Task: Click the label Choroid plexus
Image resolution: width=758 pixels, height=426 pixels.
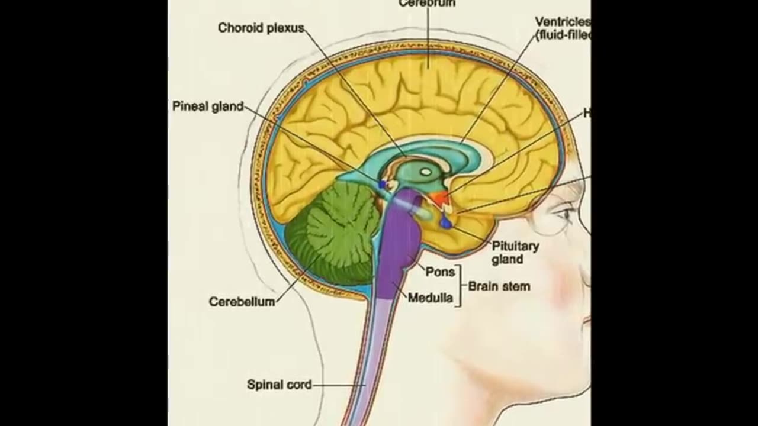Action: tap(261, 28)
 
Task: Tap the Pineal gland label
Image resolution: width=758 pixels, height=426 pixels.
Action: tap(208, 106)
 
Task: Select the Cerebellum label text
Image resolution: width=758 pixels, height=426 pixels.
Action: tap(242, 302)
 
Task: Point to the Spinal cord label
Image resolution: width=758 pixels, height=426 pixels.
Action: tap(279, 385)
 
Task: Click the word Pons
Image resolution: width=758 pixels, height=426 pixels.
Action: tap(440, 272)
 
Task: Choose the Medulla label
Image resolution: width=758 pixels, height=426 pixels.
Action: tap(430, 298)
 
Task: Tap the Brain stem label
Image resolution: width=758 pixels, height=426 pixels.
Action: tap(499, 286)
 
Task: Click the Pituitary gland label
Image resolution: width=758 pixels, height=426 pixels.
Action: tap(515, 253)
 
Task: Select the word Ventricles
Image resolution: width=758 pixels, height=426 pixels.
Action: tap(563, 22)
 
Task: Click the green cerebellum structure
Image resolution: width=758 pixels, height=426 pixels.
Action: tap(335, 234)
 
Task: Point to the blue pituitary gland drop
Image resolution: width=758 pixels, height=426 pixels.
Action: tap(446, 224)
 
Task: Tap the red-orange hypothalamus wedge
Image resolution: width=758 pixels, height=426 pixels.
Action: tap(438, 198)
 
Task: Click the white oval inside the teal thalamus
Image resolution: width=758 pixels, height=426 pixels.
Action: tap(425, 172)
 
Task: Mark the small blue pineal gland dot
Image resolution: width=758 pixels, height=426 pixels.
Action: tap(383, 185)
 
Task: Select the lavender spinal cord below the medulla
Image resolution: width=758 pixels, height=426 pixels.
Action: tap(370, 355)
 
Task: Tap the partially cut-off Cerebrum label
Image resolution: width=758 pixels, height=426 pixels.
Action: tap(426, 3)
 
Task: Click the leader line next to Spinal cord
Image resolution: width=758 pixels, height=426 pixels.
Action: tap(338, 385)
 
